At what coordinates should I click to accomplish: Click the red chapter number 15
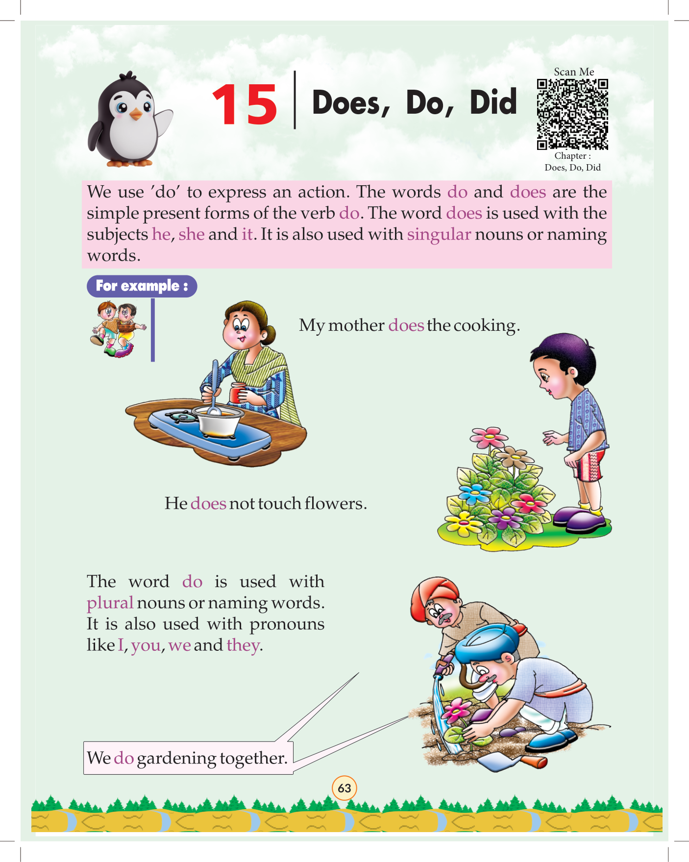pos(245,104)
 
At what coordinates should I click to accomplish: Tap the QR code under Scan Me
pos(572,114)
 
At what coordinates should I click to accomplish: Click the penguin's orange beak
pos(136,115)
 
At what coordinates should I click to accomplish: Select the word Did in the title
pos(493,102)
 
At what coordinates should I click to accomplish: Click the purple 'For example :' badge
pos(142,286)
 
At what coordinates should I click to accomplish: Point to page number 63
pos(344,788)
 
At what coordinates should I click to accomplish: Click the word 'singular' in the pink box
pos(439,235)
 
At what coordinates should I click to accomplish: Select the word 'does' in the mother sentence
pos(406,325)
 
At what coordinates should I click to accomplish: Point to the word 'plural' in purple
pos(110,603)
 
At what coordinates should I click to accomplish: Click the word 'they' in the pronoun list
pos(243,645)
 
